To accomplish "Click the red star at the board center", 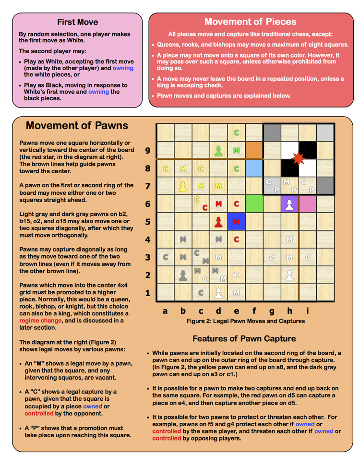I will [x=299, y=158].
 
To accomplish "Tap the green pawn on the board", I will [x=218, y=150].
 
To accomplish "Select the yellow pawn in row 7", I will [x=183, y=185].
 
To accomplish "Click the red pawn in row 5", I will [x=218, y=222].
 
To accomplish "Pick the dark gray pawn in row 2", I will [x=183, y=275].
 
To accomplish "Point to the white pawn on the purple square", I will [x=289, y=204].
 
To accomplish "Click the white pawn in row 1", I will [x=218, y=292].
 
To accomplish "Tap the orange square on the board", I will [x=254, y=150].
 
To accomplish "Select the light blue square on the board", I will [x=254, y=168].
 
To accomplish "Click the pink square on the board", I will [x=307, y=204].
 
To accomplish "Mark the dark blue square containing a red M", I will [x=236, y=222].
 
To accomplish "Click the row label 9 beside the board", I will [x=148, y=151].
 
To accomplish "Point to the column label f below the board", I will [x=254, y=311].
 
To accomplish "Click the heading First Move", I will [x=77, y=22].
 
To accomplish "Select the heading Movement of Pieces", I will [x=250, y=22].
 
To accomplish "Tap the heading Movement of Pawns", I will [x=77, y=126].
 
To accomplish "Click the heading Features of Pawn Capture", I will [x=244, y=338].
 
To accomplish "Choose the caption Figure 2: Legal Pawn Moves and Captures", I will [x=245, y=321].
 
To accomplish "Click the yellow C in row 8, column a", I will [x=166, y=168].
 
